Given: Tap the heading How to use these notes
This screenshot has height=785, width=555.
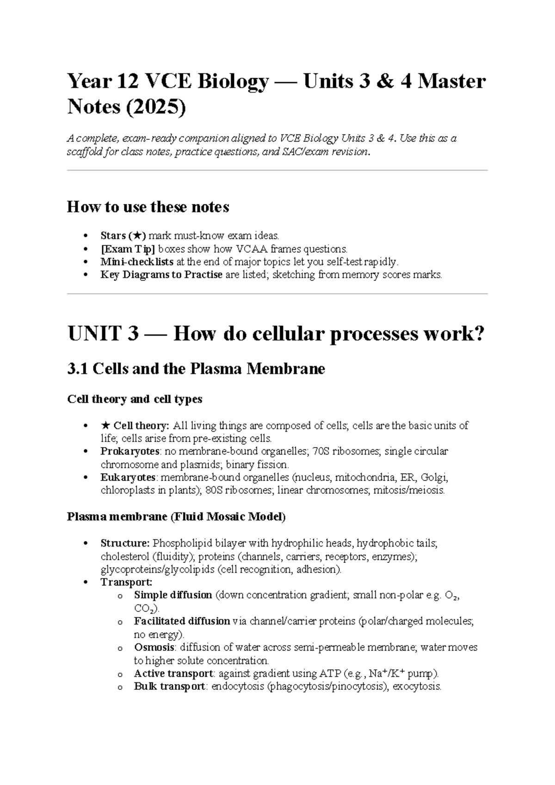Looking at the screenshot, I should (x=148, y=207).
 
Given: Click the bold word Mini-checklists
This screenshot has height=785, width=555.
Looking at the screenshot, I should (x=137, y=262).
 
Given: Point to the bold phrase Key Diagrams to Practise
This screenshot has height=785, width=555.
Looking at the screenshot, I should (x=161, y=275).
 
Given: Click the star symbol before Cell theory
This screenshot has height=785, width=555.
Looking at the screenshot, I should (x=105, y=425).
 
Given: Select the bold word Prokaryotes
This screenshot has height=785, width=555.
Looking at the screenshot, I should (x=130, y=451).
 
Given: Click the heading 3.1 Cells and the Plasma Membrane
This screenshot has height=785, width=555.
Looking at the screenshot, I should (x=196, y=369).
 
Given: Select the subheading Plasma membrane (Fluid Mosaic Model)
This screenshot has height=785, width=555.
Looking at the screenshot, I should (x=176, y=517).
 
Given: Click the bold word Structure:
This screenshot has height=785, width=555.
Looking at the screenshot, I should (x=125, y=543).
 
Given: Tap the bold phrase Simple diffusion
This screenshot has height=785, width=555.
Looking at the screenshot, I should (x=173, y=595).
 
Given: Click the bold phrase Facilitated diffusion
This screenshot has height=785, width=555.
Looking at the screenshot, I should (x=182, y=621).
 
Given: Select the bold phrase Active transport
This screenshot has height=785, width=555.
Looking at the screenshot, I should (x=173, y=673).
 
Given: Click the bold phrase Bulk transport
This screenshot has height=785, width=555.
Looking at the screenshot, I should (x=169, y=686).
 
